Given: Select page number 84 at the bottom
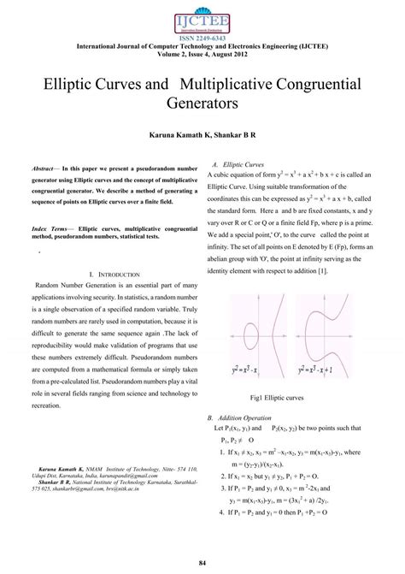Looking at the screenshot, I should point(202,561).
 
